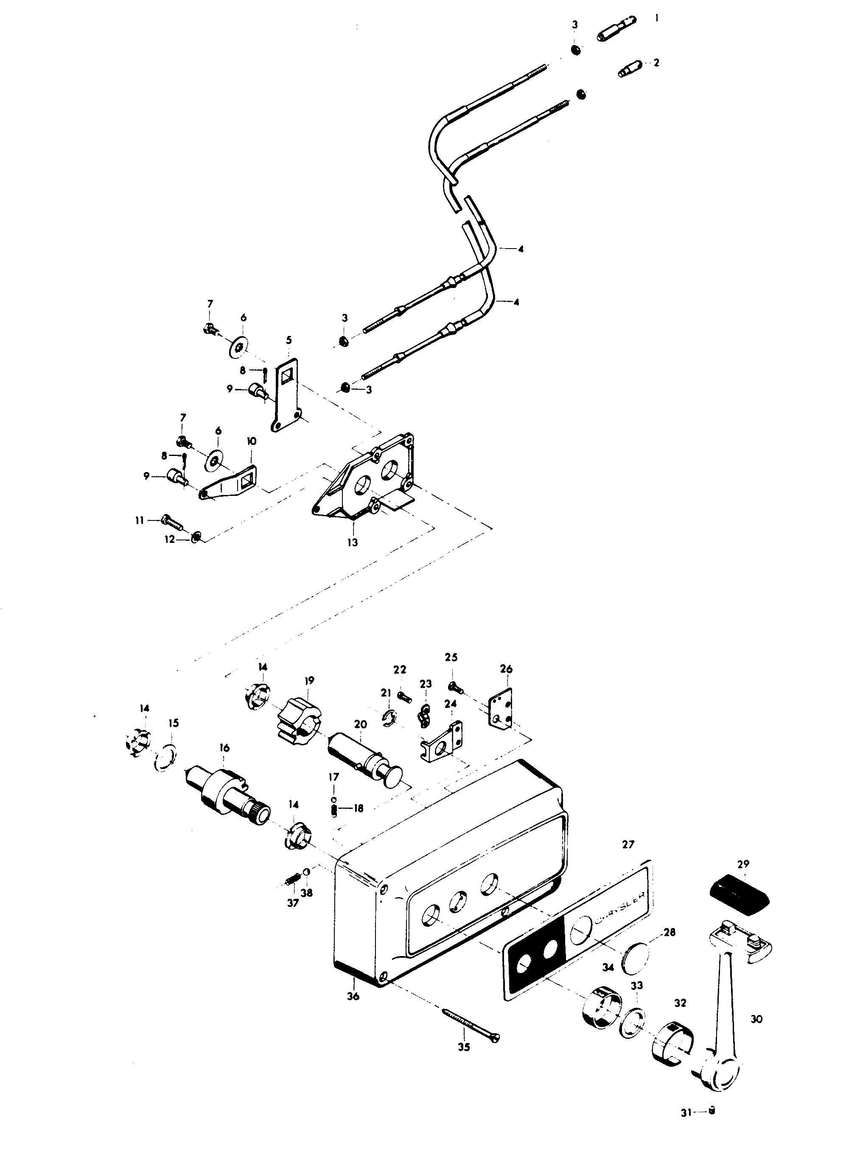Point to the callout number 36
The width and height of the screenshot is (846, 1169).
click(x=353, y=996)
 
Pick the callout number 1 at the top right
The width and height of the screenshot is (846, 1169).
click(x=656, y=18)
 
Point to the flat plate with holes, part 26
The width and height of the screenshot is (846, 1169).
click(x=501, y=707)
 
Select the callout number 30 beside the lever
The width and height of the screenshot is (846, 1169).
click(x=756, y=1018)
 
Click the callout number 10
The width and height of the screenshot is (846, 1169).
click(x=252, y=441)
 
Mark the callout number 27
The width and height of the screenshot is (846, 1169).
click(x=628, y=844)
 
